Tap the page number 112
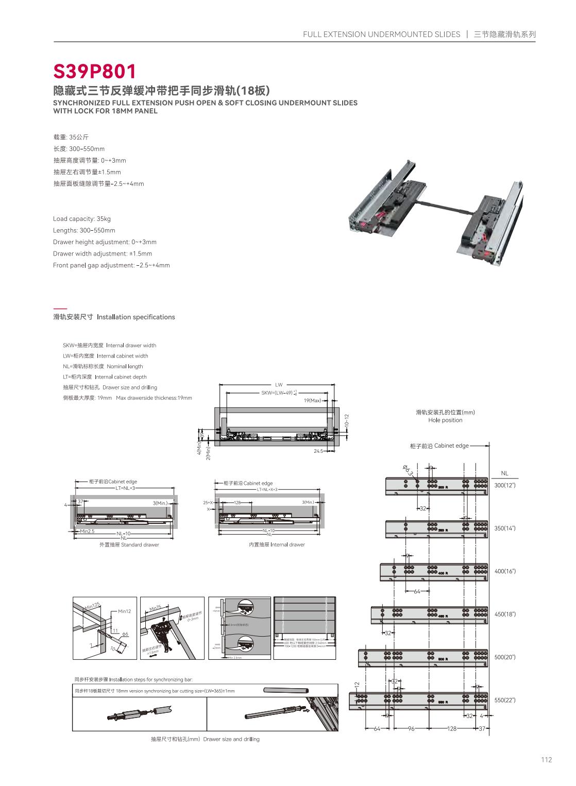pos(546,760)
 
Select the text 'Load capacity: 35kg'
pos(82,219)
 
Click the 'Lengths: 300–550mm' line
pos(84,230)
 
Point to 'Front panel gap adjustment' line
pos(111,265)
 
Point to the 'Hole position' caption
pos(445,420)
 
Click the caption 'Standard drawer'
pos(129,544)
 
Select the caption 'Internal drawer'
pos(277,544)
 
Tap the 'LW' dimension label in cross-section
pos(279,385)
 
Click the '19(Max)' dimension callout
pos(312,400)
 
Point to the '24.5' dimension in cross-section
pos(318,451)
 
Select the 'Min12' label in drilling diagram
pos(125,611)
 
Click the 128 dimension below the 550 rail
pos(452,729)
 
